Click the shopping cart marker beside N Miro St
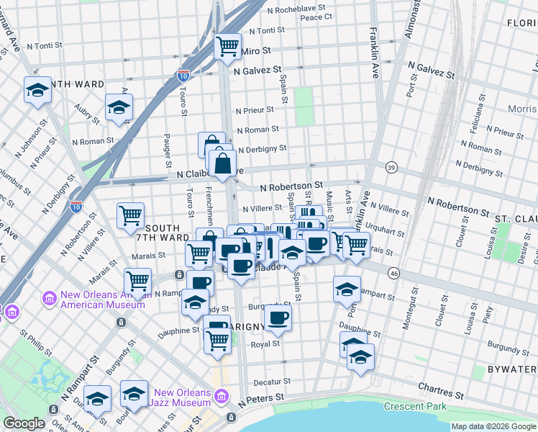tap(228, 48)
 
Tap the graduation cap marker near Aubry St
tap(119, 108)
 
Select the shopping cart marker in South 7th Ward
tap(130, 215)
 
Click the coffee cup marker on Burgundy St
tap(278, 317)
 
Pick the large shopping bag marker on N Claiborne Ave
tap(223, 163)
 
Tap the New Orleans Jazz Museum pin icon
tap(221, 397)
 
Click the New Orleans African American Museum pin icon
tap(50, 298)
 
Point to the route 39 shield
tap(391, 166)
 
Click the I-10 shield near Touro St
tap(183, 74)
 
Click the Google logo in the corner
tap(24, 424)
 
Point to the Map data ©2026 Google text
tap(493, 426)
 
